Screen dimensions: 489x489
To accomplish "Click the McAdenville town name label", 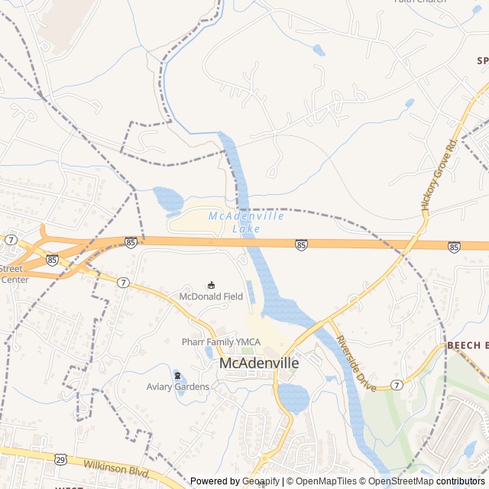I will click(x=259, y=364).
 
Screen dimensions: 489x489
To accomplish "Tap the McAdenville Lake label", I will click(x=246, y=222).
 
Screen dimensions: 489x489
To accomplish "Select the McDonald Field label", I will click(x=211, y=296).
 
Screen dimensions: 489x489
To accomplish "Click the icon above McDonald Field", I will click(x=212, y=284).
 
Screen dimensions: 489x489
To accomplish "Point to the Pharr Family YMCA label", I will click(x=221, y=342).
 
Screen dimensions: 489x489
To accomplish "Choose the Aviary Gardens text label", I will click(x=178, y=387).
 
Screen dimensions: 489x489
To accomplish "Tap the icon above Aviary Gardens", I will click(x=178, y=375).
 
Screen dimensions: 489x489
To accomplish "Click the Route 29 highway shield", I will click(x=60, y=459).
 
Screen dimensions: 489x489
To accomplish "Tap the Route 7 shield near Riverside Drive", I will click(x=397, y=385).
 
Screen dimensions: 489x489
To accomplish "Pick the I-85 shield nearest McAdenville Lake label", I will click(x=301, y=244).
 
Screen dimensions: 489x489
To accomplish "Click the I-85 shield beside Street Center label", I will click(x=51, y=260).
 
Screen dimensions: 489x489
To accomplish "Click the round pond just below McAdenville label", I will click(x=293, y=397).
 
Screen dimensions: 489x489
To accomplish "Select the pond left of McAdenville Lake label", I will click(x=168, y=199).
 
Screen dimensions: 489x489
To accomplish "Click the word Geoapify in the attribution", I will click(x=262, y=481).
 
